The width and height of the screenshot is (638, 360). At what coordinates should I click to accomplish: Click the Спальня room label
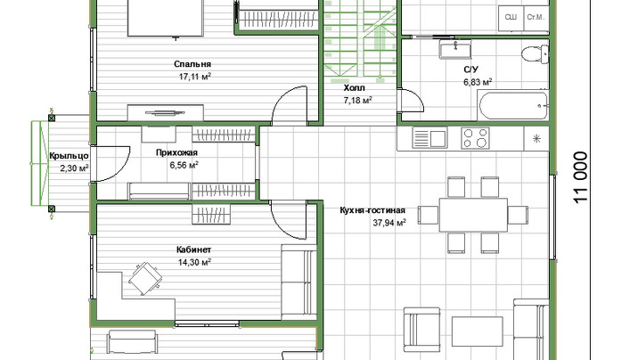tap(192, 64)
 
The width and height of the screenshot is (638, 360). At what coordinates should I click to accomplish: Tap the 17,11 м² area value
tap(195, 77)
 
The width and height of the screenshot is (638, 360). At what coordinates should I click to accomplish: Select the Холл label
tap(355, 88)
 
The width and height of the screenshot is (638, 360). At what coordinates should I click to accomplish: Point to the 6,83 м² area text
tap(478, 82)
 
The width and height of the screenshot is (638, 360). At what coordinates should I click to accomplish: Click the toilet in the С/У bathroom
tap(535, 54)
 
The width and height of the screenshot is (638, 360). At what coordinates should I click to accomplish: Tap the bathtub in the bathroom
tap(513, 106)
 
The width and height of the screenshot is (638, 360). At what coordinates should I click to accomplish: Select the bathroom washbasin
tap(455, 49)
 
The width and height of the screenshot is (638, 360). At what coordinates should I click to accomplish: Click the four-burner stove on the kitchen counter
tap(475, 138)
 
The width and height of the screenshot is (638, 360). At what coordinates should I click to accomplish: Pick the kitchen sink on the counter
tap(429, 138)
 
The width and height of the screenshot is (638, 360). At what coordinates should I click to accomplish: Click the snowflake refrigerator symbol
tap(536, 139)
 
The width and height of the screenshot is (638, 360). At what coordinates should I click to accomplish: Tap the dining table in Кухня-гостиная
tap(473, 215)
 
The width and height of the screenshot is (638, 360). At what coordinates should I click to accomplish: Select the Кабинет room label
tap(193, 250)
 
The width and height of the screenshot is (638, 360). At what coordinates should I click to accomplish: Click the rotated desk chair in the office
tap(145, 279)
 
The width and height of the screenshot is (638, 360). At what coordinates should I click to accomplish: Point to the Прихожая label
tap(176, 153)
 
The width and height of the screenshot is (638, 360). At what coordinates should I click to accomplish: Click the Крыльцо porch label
tap(70, 156)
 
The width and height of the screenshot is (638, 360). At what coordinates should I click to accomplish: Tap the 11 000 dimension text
tap(581, 177)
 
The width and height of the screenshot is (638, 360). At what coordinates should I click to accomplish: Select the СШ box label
tap(511, 18)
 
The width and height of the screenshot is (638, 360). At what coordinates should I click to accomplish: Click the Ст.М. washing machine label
tap(536, 18)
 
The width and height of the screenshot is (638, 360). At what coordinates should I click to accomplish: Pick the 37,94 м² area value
tap(389, 223)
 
